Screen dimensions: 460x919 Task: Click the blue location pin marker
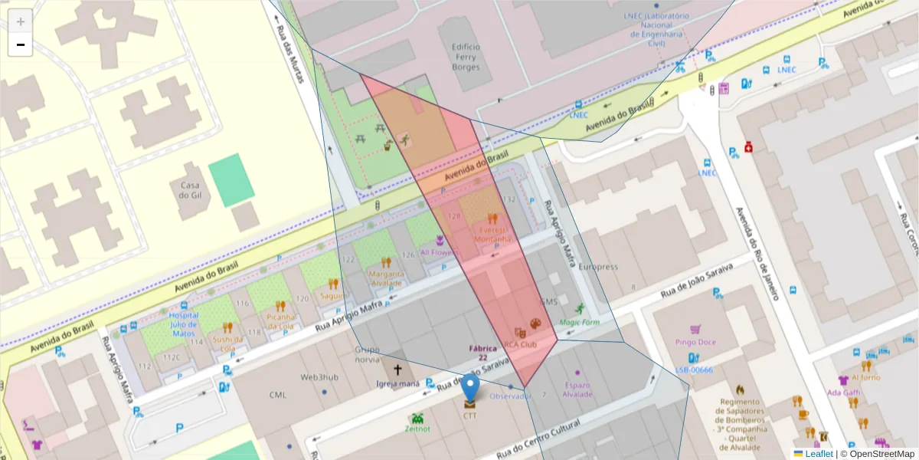[471, 386]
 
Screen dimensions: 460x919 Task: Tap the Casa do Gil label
[190, 190]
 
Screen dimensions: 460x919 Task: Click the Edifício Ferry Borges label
[466, 57]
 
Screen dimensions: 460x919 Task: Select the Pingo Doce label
[695, 342]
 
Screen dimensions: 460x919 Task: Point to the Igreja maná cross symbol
[397, 370]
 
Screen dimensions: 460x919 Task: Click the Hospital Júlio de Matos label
[183, 324]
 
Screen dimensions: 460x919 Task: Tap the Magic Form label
[579, 322]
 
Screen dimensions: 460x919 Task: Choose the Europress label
[597, 267]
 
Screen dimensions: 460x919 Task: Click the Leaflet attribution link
[819, 454]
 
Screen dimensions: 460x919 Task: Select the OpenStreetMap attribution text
[881, 454]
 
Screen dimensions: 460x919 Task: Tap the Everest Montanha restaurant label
[491, 234]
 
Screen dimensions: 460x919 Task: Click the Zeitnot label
[417, 429]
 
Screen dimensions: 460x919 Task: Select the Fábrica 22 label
[483, 353]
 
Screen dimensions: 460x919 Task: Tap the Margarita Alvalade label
[386, 278]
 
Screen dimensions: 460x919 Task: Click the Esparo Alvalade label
[577, 389]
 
